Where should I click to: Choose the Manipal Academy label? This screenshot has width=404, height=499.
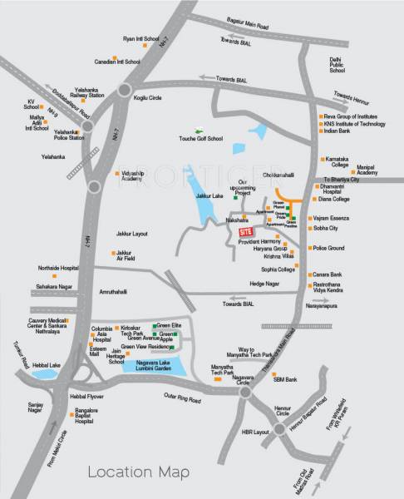click(368, 169)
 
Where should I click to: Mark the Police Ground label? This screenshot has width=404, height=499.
click(328, 248)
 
